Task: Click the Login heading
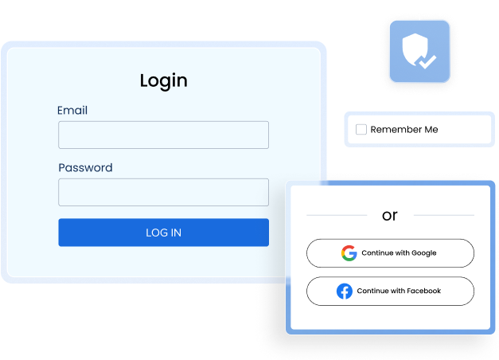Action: (x=164, y=80)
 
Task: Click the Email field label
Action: (x=72, y=110)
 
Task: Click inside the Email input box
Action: (x=164, y=135)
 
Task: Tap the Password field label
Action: (x=85, y=167)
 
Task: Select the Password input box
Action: (x=164, y=192)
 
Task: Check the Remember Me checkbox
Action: (x=361, y=129)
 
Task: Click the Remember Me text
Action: (x=404, y=129)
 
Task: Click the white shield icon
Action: (x=415, y=49)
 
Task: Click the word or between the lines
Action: (x=390, y=216)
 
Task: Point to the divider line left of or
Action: (x=337, y=215)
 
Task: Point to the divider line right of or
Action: (x=444, y=215)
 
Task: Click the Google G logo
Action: (x=349, y=253)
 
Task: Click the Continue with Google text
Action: (x=399, y=253)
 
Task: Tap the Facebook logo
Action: (x=345, y=292)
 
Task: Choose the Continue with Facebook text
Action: (x=399, y=291)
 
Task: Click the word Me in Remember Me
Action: (x=431, y=129)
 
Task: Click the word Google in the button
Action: (x=424, y=253)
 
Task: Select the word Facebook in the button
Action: (x=424, y=291)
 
